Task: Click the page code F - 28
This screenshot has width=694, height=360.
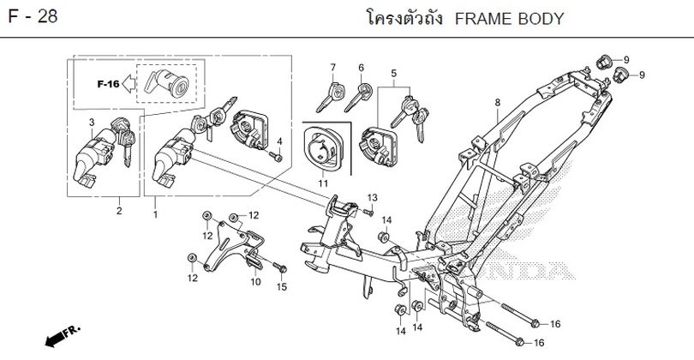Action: coord(34,18)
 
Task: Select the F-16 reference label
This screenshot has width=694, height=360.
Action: coord(107,84)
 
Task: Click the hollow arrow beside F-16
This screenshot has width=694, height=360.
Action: coord(127,84)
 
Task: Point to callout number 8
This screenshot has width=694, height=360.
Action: coord(496,103)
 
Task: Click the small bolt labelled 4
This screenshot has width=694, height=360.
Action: coord(275,157)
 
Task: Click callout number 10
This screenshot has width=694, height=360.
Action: coord(255,281)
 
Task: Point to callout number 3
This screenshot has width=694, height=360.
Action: coord(93,123)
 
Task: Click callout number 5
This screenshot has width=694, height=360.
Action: coord(393,74)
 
